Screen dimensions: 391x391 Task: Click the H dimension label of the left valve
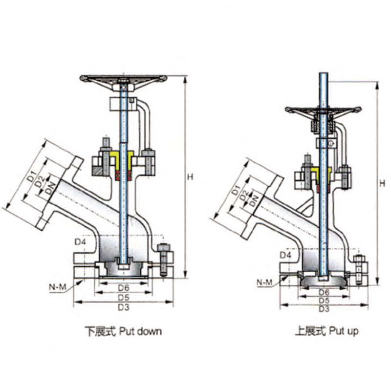tap(190, 177)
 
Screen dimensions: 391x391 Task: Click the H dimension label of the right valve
tap(382, 184)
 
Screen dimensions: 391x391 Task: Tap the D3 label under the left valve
tap(124, 307)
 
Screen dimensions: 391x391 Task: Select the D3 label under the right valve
tap(324, 309)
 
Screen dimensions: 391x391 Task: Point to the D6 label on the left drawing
tap(124, 288)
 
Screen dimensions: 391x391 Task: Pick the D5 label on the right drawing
tap(324, 301)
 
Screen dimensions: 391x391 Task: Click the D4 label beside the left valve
tap(81, 241)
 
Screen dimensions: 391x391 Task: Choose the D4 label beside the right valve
tap(285, 255)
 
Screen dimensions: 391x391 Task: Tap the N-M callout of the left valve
tap(58, 287)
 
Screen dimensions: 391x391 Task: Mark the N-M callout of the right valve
tap(264, 282)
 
